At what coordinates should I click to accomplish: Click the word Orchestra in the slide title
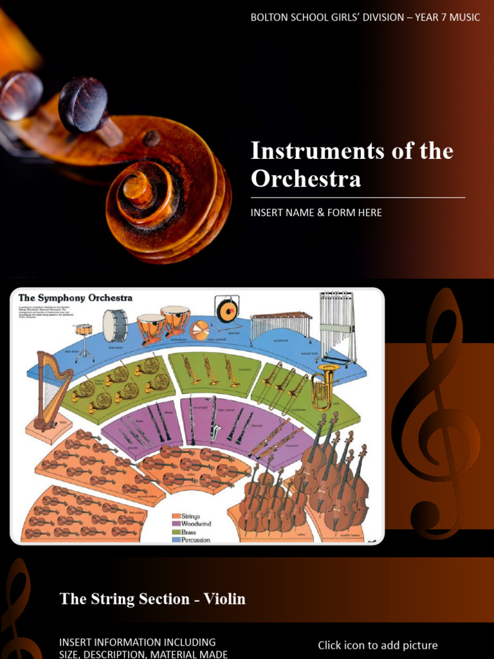pyautogui.click(x=306, y=178)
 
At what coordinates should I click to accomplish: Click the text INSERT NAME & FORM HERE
pyautogui.click(x=316, y=212)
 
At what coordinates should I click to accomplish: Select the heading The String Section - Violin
pyautogui.click(x=152, y=599)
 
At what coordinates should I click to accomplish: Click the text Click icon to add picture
pyautogui.click(x=378, y=645)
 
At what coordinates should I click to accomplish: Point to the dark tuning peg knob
pyautogui.click(x=83, y=105)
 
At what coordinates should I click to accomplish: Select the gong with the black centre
pyautogui.click(x=227, y=311)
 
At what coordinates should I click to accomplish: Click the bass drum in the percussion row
pyautogui.click(x=114, y=325)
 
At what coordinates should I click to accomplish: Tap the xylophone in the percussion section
pyautogui.click(x=280, y=325)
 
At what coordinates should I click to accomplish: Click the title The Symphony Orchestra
pyautogui.click(x=75, y=298)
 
